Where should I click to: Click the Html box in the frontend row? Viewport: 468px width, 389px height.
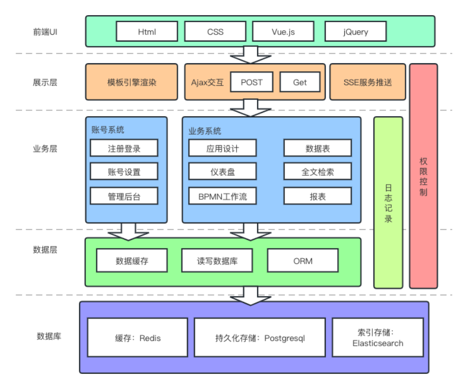point(147,31)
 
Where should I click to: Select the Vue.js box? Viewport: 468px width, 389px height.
point(284,31)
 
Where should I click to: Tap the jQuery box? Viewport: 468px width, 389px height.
point(356,31)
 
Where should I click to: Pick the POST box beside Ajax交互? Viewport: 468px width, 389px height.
point(251,82)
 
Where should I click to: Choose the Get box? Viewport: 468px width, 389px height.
point(300,82)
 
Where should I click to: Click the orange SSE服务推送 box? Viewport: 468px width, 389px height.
point(367,82)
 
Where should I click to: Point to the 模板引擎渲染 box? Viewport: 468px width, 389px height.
point(131,82)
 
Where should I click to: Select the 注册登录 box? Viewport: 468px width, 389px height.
point(124,148)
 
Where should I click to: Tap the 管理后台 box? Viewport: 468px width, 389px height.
point(124,196)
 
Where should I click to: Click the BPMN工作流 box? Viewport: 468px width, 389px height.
point(222,196)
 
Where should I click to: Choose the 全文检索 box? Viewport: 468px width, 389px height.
point(318,172)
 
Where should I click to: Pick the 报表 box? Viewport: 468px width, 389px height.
point(318,196)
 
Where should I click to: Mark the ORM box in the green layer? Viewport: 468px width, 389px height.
point(303,261)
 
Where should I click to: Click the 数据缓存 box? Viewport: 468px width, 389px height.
point(131,261)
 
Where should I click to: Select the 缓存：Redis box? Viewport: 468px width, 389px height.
point(138,338)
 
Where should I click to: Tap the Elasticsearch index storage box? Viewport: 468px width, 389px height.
point(378,338)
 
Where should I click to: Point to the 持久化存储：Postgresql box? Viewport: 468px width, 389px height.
point(260,338)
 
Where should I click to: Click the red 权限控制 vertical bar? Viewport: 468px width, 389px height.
point(423,176)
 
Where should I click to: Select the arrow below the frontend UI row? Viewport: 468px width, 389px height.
point(251,55)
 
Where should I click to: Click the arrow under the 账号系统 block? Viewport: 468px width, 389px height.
point(128,231)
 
